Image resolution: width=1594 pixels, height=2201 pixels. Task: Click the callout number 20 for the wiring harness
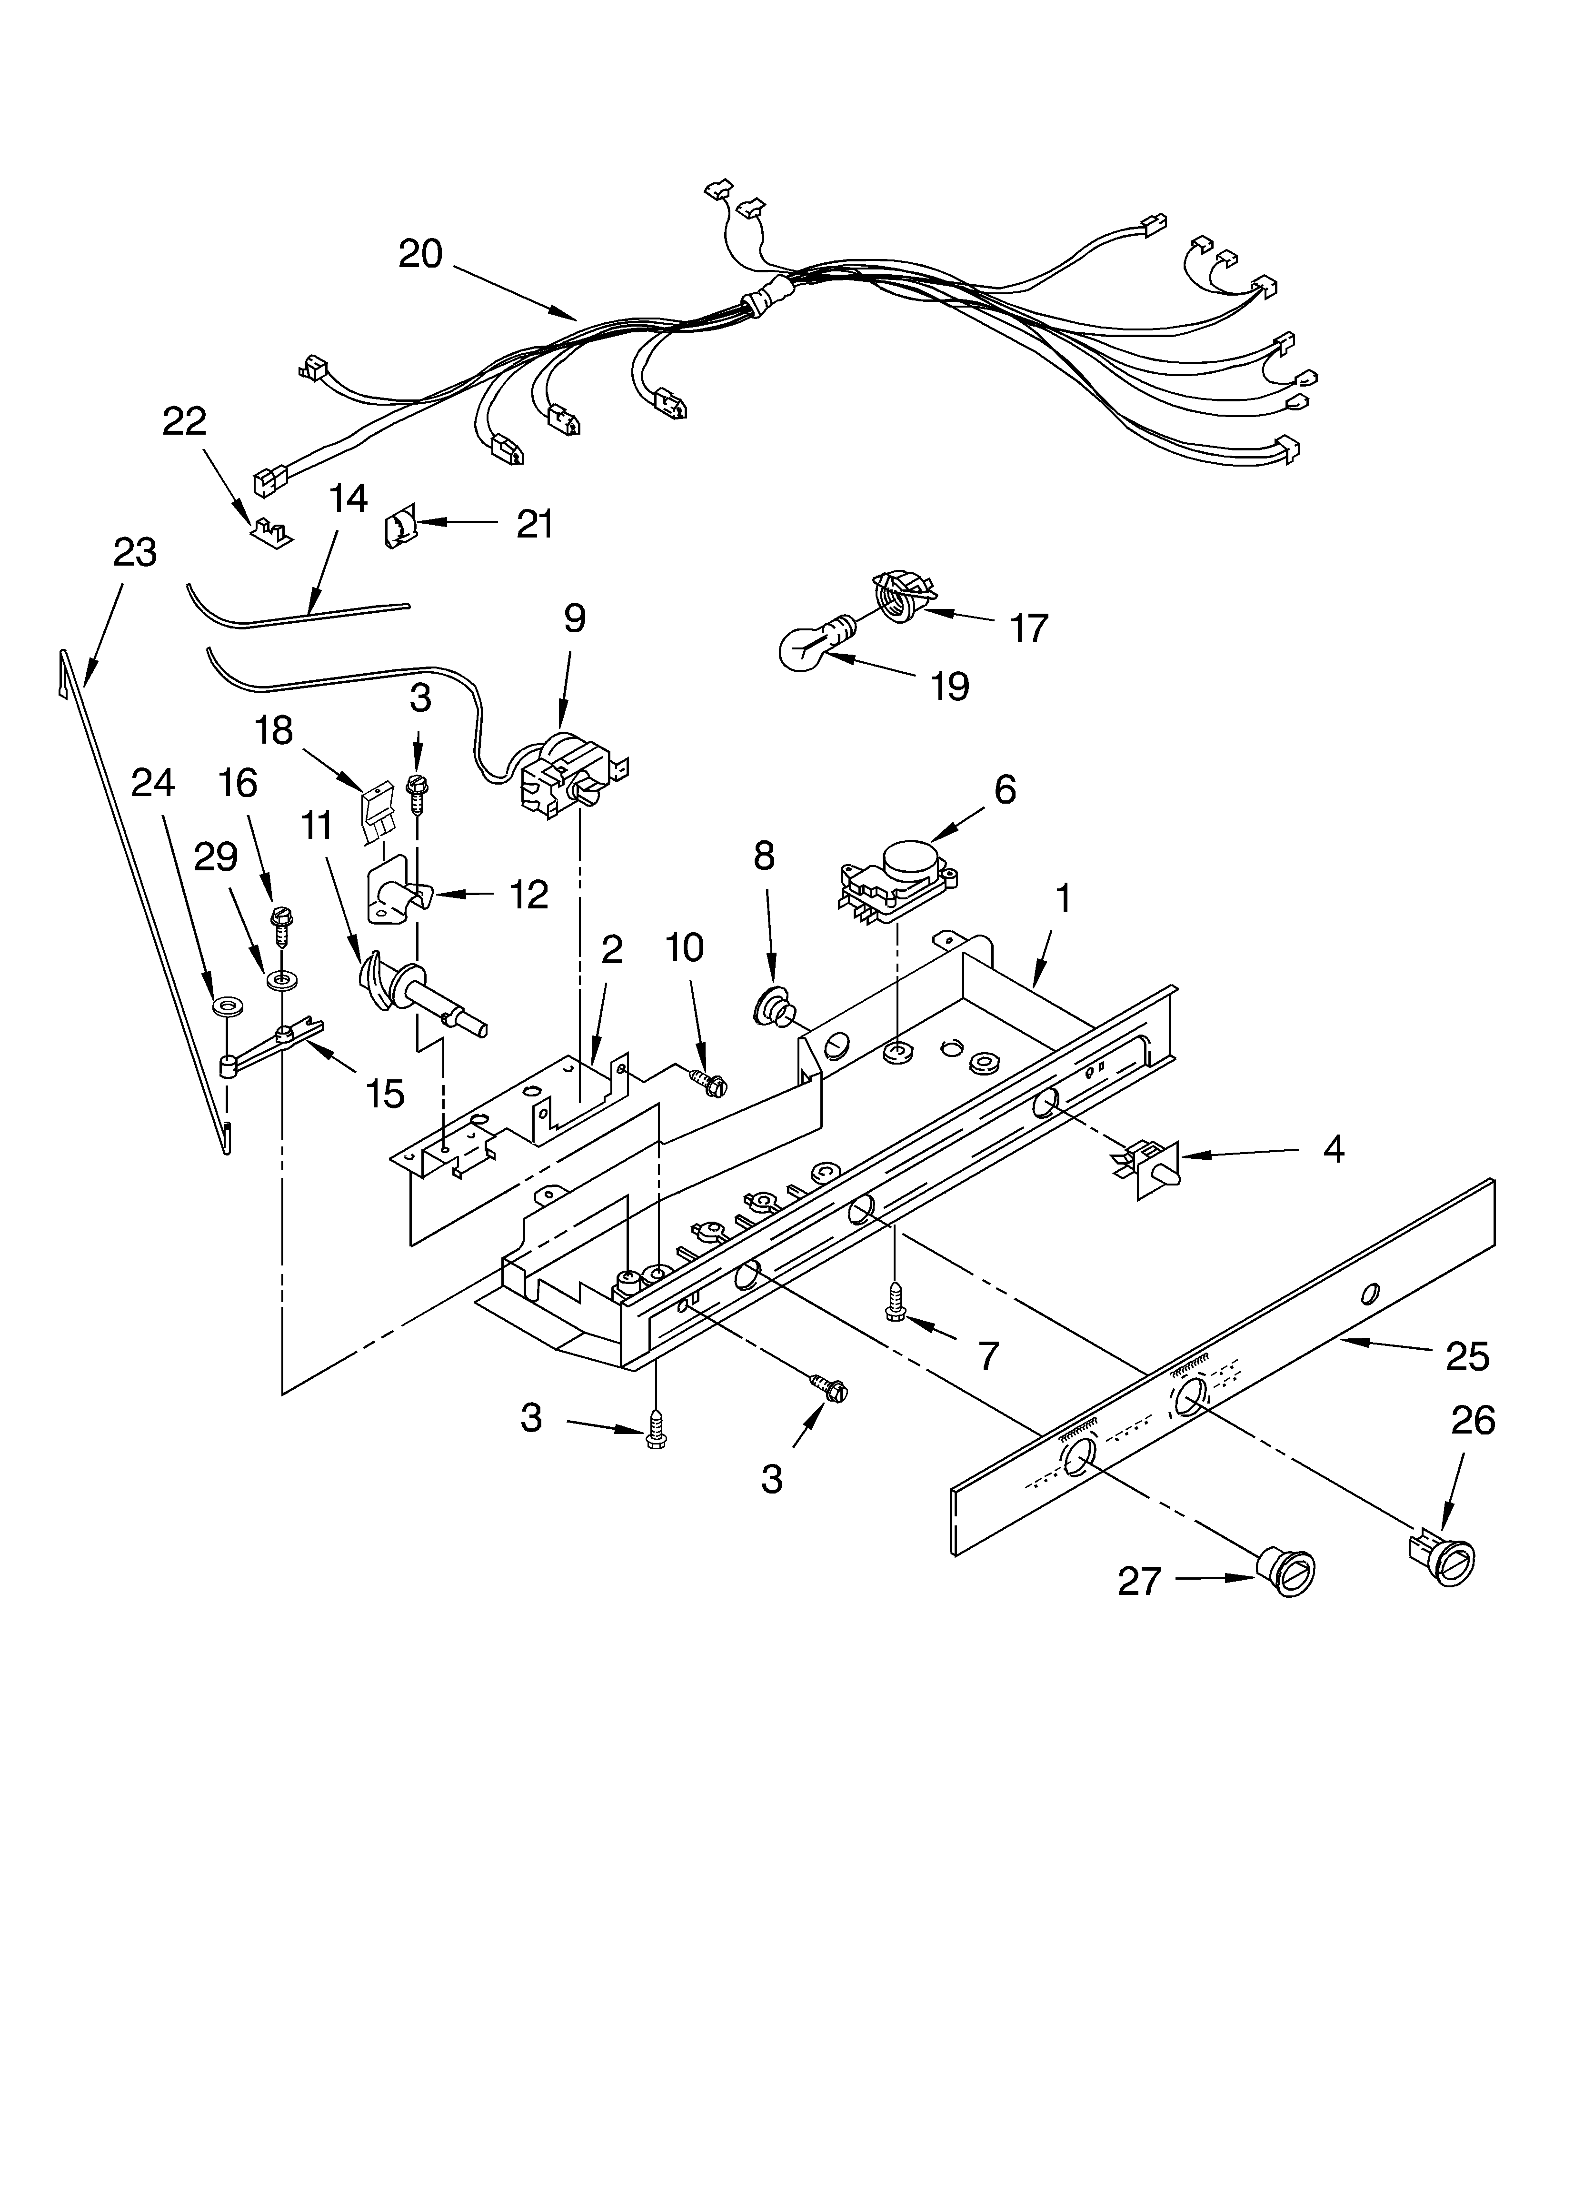click(x=420, y=254)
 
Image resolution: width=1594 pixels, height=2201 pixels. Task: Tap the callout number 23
click(x=135, y=553)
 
